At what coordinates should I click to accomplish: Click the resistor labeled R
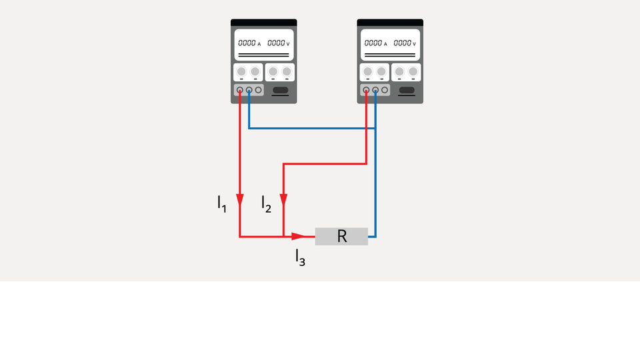(x=341, y=236)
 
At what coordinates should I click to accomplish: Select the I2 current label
(x=266, y=204)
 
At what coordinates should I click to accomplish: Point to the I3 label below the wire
(x=300, y=257)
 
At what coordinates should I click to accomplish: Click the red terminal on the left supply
(x=240, y=89)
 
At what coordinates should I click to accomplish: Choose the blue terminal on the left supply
(x=249, y=89)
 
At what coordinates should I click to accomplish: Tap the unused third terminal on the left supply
(x=259, y=89)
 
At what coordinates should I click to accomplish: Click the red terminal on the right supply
(x=366, y=89)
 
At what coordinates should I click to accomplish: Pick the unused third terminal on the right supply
(x=385, y=89)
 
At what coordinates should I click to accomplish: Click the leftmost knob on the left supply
(x=241, y=71)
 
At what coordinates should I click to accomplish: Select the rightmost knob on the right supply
(x=413, y=71)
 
